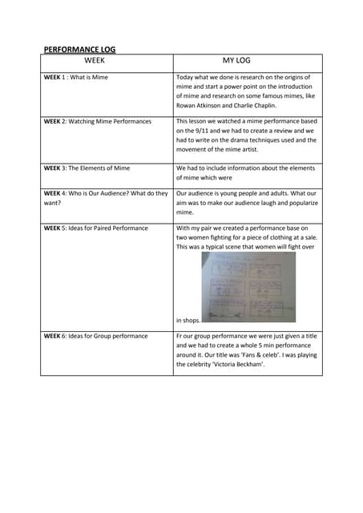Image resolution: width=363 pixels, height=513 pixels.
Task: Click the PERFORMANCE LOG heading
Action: point(79,49)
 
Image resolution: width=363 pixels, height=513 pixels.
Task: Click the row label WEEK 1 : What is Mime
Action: point(75,78)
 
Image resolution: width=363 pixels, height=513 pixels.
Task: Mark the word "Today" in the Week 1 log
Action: point(185,78)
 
